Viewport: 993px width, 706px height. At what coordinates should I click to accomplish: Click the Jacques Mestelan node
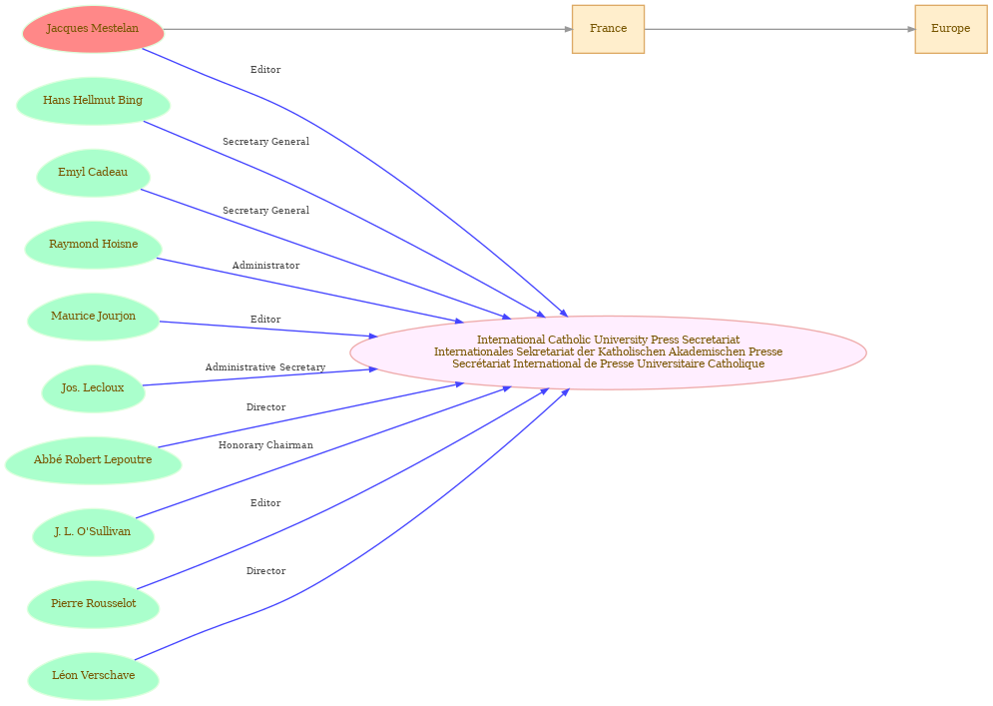pyautogui.click(x=93, y=29)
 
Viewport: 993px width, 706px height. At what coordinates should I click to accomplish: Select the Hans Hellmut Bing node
pyautogui.click(x=93, y=101)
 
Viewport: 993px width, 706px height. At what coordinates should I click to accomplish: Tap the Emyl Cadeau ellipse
pyautogui.click(x=93, y=173)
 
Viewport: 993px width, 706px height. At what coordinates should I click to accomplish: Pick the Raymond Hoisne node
pyautogui.click(x=93, y=245)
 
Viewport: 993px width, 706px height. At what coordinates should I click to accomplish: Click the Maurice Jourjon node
pyautogui.click(x=93, y=317)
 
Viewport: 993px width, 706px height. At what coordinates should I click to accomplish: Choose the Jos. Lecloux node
pyautogui.click(x=93, y=388)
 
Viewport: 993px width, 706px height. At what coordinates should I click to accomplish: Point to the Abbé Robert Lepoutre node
pyautogui.click(x=93, y=460)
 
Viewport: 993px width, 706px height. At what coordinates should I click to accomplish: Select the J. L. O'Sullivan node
pyautogui.click(x=93, y=532)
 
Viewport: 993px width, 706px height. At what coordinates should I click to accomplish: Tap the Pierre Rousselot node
pyautogui.click(x=93, y=604)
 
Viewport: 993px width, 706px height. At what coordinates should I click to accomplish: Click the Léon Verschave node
pyautogui.click(x=93, y=676)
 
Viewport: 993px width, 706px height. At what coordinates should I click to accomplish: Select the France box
pyautogui.click(x=608, y=29)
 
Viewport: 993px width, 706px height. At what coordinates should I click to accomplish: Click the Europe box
pyautogui.click(x=950, y=29)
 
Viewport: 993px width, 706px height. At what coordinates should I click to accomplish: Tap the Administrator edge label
pyautogui.click(x=265, y=266)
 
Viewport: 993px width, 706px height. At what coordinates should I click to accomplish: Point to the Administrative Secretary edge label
pyautogui.click(x=265, y=367)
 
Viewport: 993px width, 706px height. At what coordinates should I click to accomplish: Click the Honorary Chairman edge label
pyautogui.click(x=265, y=445)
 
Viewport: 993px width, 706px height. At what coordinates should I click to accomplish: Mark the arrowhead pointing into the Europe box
pyautogui.click(x=911, y=29)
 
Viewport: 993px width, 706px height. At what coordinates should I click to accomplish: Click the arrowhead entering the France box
pyautogui.click(x=568, y=29)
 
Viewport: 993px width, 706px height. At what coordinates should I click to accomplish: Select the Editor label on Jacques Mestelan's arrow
pyautogui.click(x=265, y=70)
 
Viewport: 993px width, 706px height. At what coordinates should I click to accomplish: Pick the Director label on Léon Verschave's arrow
pyautogui.click(x=265, y=571)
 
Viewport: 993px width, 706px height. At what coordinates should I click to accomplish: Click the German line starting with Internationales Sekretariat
pyautogui.click(x=608, y=352)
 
